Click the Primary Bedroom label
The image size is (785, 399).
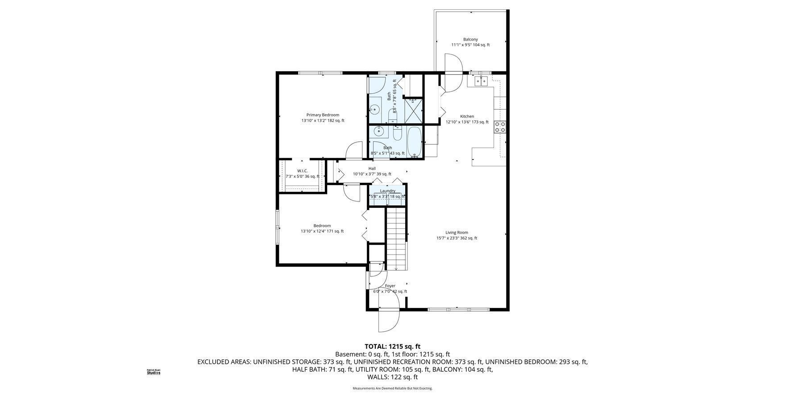coord(322,115)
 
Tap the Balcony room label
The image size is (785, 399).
coord(470,40)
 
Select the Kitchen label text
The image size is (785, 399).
coord(467,116)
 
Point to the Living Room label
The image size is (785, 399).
coord(457,232)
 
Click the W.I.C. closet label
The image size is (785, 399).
coord(302,171)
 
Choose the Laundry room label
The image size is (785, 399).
coord(387,191)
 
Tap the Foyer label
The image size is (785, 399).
coord(390,286)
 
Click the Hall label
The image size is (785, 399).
coord(372,169)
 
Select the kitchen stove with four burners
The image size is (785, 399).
coord(500,127)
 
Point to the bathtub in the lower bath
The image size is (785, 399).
coord(415,142)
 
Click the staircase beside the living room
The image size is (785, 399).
coord(396,240)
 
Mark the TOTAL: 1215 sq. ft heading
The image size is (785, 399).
coord(392,346)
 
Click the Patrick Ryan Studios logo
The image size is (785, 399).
coord(154,372)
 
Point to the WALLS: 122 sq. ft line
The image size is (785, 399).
coord(392,377)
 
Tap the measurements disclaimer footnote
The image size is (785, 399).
coord(392,388)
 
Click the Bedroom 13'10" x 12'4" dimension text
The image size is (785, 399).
coord(322,231)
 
